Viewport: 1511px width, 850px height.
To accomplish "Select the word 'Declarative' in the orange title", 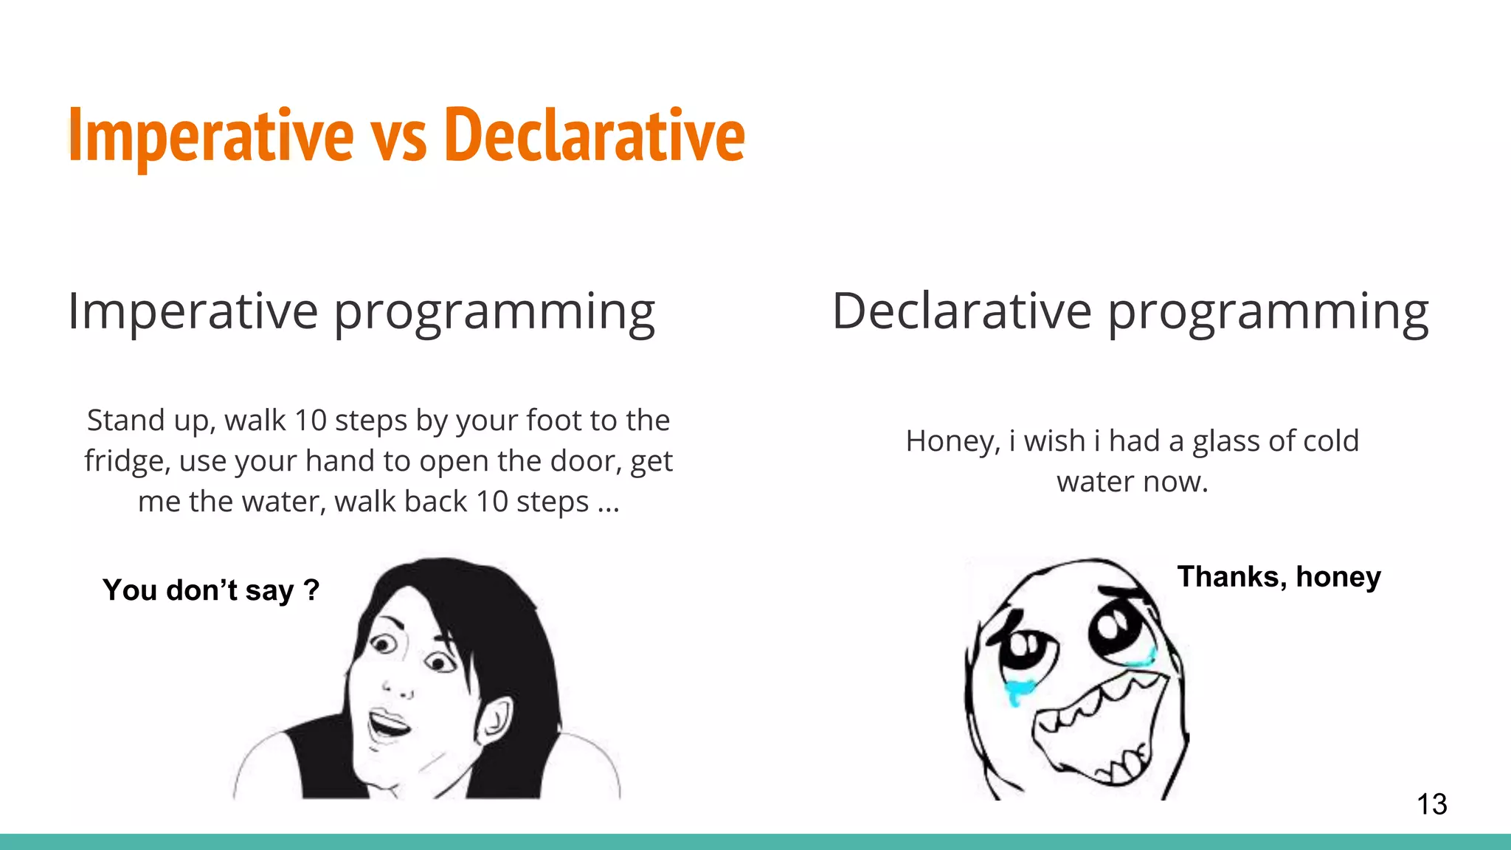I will point(595,137).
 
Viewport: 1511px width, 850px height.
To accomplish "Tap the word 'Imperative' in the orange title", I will point(211,137).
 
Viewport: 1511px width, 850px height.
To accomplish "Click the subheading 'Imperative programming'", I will point(361,312).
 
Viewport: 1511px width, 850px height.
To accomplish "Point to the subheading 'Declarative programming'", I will point(1130,312).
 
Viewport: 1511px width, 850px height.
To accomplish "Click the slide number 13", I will point(1431,804).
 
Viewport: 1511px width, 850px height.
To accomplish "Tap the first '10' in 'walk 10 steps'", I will point(310,421).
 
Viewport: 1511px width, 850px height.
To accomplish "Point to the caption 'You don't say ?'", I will point(211,590).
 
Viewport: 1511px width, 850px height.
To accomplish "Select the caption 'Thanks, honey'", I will point(1279,577).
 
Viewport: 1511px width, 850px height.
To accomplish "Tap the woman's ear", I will point(493,720).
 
